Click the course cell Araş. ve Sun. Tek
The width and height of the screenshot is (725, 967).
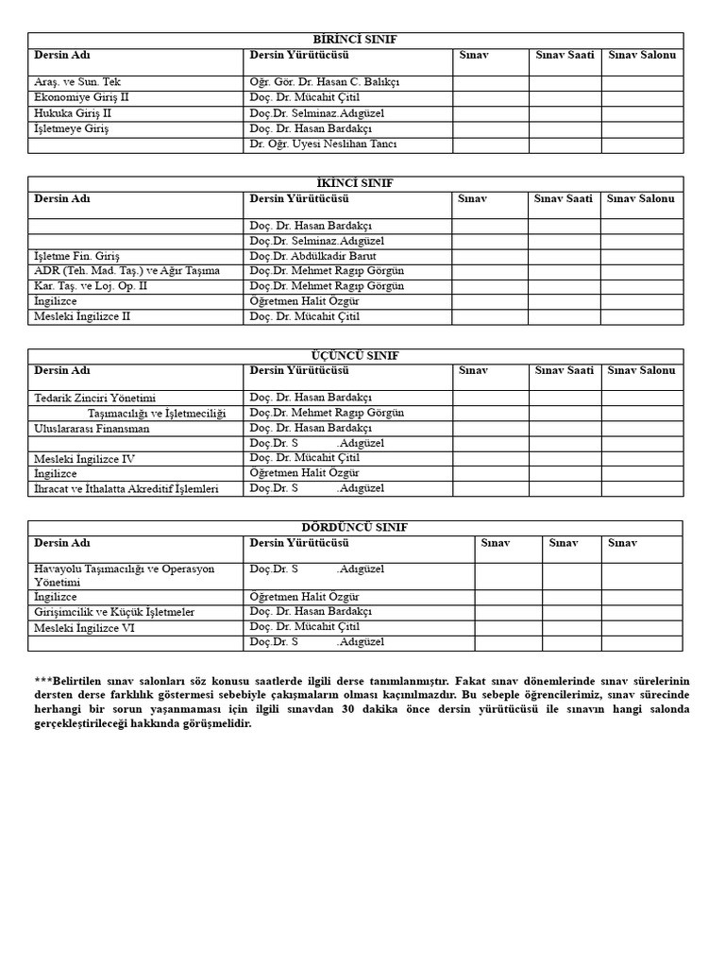77,82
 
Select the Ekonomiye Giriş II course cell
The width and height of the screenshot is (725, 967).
82,97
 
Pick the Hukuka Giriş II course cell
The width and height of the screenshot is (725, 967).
74,113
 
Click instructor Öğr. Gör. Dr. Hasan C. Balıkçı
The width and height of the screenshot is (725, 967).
324,82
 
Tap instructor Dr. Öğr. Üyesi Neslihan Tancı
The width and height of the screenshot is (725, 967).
323,144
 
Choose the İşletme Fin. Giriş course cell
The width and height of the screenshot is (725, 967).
77,256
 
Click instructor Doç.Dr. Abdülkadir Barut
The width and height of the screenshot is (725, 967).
312,256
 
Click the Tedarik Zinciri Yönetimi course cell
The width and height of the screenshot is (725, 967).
94,399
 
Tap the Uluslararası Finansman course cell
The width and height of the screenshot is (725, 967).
92,429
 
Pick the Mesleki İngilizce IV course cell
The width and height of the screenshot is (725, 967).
85,459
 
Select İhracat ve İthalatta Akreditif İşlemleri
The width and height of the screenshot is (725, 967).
126,489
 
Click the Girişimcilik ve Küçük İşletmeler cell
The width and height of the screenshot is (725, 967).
114,612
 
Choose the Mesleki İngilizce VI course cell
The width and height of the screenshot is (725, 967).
85,628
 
